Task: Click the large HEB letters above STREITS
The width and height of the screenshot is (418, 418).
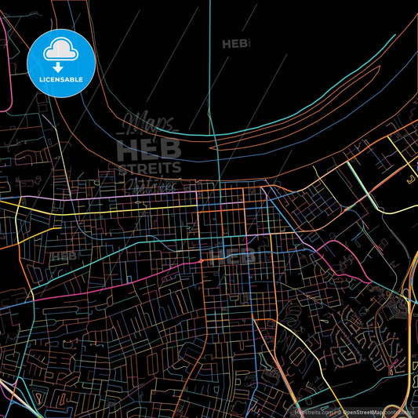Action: pyautogui.click(x=149, y=149)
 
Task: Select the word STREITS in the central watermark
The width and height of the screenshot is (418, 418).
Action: pyautogui.click(x=149, y=167)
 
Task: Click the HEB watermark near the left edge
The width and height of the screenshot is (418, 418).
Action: pyautogui.click(x=64, y=256)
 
